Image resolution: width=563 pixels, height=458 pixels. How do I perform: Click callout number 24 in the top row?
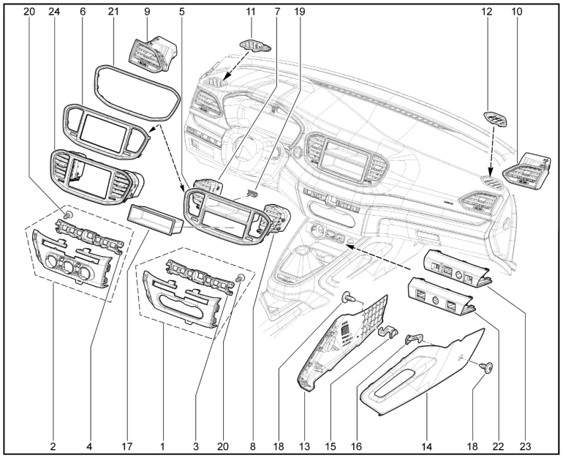pyautogui.click(x=53, y=12)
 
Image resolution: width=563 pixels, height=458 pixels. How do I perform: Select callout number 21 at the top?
pyautogui.click(x=113, y=12)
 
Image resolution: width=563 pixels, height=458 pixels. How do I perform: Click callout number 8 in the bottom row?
pyautogui.click(x=252, y=444)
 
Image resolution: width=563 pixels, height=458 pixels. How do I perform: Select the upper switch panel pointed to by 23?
pyautogui.click(x=455, y=269)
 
